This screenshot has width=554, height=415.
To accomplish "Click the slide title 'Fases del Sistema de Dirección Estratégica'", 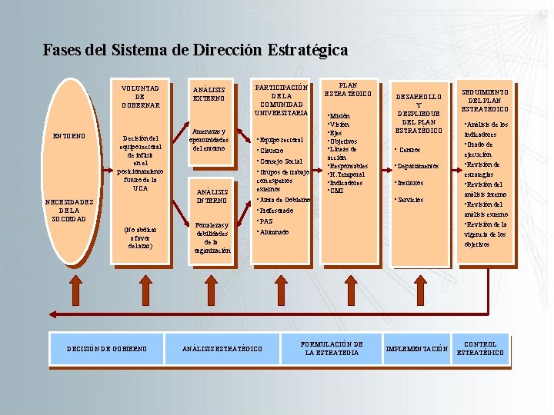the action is (195, 51).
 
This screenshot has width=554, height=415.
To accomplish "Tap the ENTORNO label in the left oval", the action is (69, 136).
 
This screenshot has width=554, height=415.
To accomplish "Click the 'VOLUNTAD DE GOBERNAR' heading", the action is (140, 97).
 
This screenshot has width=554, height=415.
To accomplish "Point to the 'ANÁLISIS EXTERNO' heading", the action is (209, 94).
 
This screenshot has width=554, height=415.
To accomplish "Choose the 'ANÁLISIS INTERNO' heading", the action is (212, 196).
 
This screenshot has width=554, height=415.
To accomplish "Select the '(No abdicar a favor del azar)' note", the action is (140, 237).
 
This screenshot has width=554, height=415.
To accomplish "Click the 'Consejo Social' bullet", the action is (282, 162).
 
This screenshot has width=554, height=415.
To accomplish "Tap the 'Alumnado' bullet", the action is (275, 231).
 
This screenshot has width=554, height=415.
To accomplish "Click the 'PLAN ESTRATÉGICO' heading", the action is (348, 89).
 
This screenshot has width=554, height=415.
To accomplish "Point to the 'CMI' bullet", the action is (336, 191).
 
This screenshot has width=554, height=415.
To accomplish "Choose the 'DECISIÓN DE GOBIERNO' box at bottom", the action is (107, 348).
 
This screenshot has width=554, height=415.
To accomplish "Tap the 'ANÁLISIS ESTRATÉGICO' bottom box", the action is (222, 349).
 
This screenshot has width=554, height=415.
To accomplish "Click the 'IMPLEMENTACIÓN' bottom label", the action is (416, 349).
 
